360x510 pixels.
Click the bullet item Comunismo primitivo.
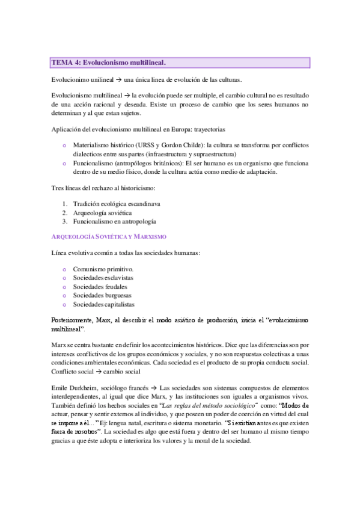(103, 269)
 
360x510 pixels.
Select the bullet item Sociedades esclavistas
(103, 278)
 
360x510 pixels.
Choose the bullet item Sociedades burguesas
(102, 295)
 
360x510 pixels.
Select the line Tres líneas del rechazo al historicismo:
(103, 189)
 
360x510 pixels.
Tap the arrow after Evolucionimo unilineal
(120, 81)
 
